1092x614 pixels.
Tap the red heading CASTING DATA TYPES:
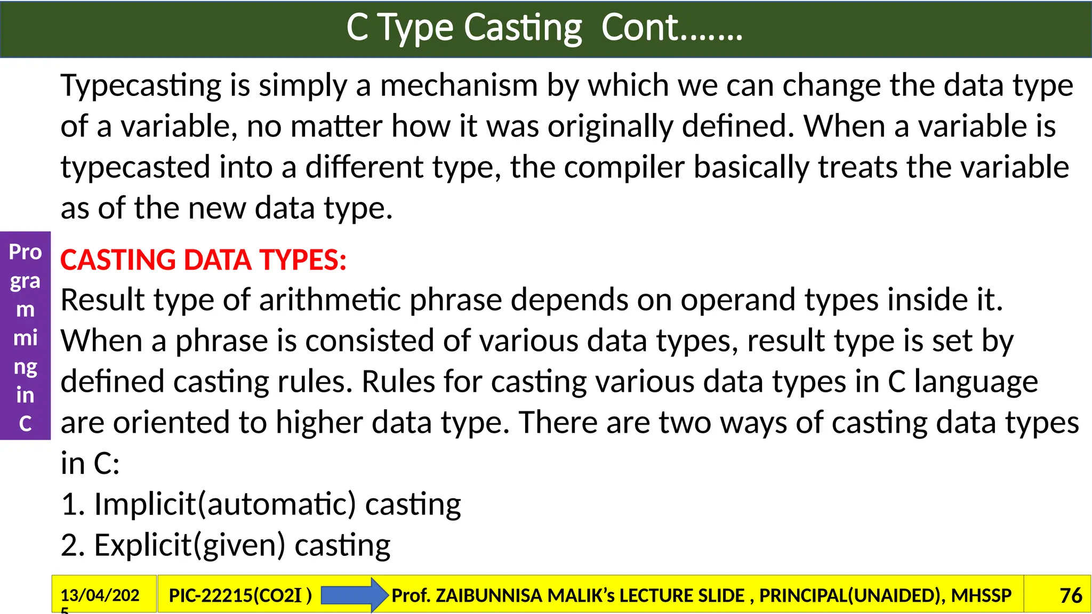(x=203, y=260)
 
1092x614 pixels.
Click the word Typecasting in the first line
(x=141, y=86)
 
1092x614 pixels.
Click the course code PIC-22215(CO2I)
(x=240, y=595)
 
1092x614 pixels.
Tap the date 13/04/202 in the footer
(x=100, y=595)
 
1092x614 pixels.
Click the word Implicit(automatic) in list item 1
(x=224, y=504)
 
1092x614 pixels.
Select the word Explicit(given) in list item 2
(x=190, y=545)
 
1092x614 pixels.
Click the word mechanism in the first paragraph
(x=459, y=86)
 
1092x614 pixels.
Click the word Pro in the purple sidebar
(x=25, y=252)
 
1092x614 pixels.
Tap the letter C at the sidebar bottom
(x=25, y=424)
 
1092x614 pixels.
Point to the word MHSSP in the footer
(x=981, y=595)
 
